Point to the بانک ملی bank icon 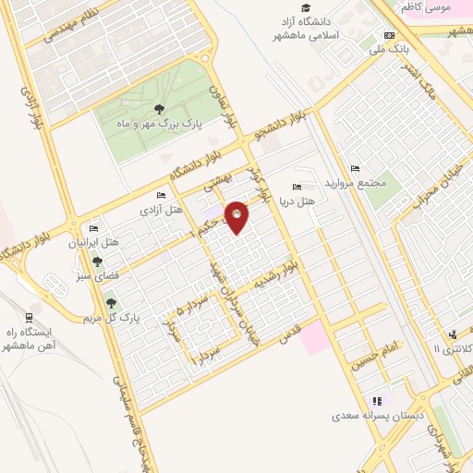pyautogui.click(x=389, y=36)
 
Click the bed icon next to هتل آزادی pyautogui.click(x=162, y=196)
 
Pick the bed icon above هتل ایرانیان pyautogui.click(x=93, y=228)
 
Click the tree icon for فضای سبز pyautogui.click(x=97, y=261)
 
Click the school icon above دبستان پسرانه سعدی pyautogui.click(x=377, y=401)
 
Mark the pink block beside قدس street pyautogui.click(x=312, y=337)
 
